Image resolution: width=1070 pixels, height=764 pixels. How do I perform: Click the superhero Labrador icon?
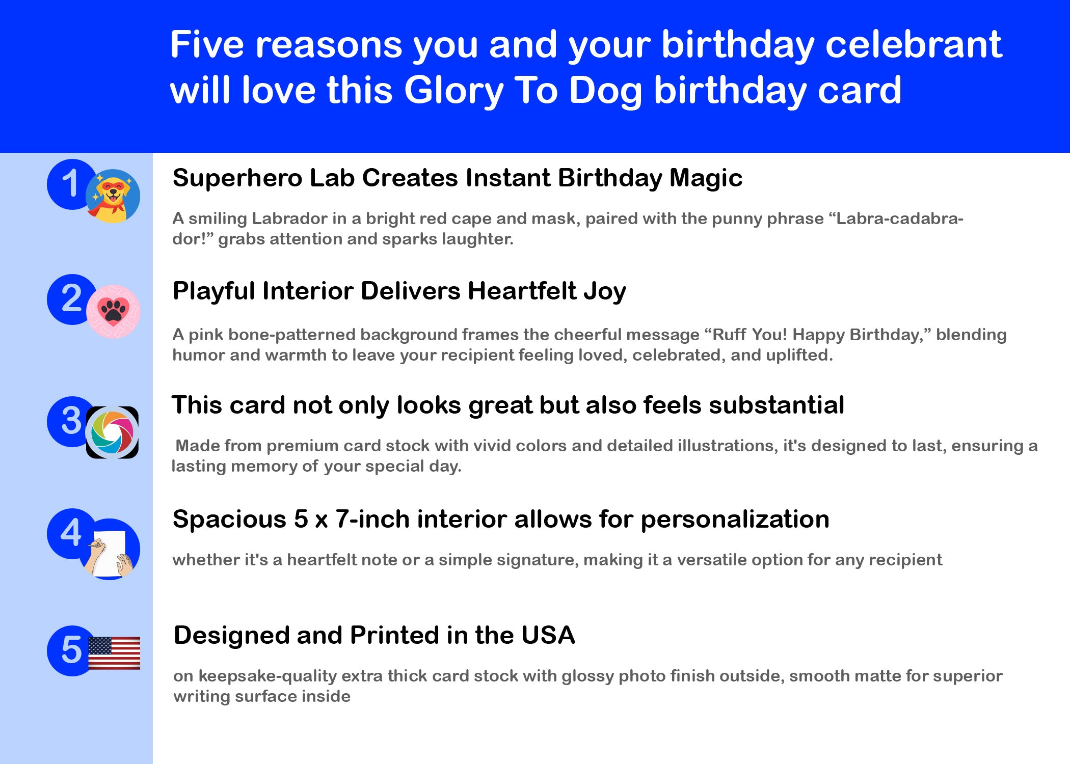tap(113, 196)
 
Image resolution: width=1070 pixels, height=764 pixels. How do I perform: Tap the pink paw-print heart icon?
tap(113, 312)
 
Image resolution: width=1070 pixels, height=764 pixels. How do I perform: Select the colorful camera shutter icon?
tap(112, 432)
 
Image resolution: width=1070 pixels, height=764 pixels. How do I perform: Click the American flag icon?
tap(114, 653)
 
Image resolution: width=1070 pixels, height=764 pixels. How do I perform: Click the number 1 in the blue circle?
tap(70, 183)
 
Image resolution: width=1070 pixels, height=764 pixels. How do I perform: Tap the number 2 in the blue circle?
tap(71, 298)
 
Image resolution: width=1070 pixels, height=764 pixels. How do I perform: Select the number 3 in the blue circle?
tap(71, 421)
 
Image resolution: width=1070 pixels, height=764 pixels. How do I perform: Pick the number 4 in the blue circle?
tap(71, 533)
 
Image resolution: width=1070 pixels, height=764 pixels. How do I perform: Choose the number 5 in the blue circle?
tap(71, 650)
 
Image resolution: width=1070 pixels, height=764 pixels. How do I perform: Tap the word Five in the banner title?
tap(207, 44)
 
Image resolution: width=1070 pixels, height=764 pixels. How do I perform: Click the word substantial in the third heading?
tap(777, 405)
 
